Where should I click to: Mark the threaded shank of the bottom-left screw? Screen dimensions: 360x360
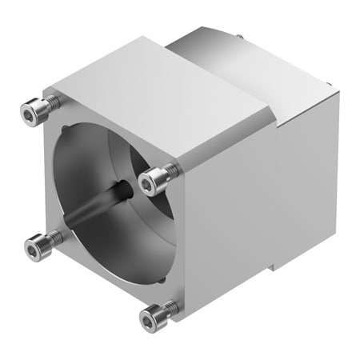pyautogui.click(x=51, y=238)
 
